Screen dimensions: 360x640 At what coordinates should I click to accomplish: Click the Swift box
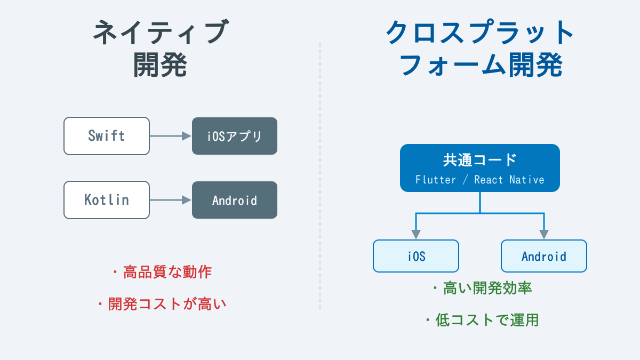coord(107,136)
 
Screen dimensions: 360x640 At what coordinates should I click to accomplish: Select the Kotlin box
coord(107,200)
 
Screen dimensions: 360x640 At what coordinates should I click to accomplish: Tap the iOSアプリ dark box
coord(235,136)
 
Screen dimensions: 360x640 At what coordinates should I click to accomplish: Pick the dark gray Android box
coord(235,200)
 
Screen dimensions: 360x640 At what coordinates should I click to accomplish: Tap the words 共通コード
coord(480,159)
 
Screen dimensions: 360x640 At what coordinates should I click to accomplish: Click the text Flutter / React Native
coord(480,180)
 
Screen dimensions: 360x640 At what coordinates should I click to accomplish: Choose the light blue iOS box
coord(416,256)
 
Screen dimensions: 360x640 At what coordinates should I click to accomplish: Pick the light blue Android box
coord(544,256)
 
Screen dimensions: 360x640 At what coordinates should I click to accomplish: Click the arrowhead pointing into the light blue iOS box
coord(416,235)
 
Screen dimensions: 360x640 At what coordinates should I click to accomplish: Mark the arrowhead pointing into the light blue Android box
coord(544,235)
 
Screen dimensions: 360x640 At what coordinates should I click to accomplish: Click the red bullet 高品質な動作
coord(163,273)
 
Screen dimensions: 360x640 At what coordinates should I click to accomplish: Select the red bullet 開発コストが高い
coord(163,304)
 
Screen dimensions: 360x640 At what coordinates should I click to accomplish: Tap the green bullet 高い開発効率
coord(483,289)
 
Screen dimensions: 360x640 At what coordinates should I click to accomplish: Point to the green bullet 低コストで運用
coord(483,320)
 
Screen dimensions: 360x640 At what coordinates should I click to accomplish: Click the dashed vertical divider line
coord(320,176)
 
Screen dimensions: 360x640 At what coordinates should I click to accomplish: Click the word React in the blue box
coord(489,180)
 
